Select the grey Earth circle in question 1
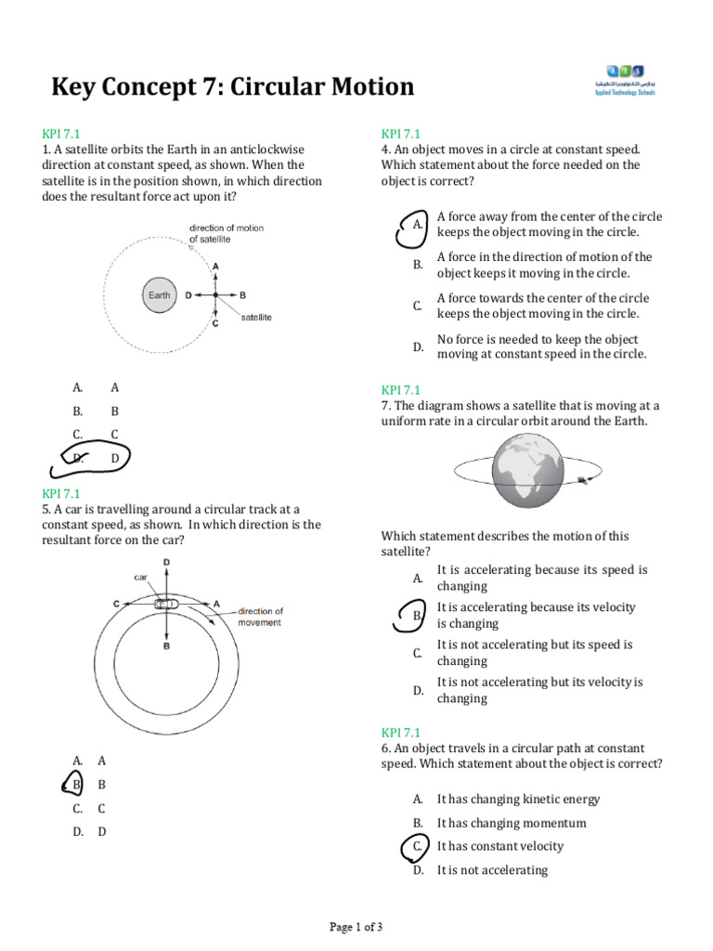click(160, 295)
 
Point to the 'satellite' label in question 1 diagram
click(256, 318)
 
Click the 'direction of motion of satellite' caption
click(226, 233)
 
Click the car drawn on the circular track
click(166, 604)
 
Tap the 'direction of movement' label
click(260, 617)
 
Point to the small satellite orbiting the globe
click(583, 480)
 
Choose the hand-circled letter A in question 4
click(415, 226)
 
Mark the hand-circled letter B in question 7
click(417, 615)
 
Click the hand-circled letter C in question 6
click(418, 846)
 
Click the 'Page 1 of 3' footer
click(356, 927)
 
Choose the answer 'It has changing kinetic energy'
click(518, 799)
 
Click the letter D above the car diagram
click(166, 563)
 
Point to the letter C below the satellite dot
click(215, 324)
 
